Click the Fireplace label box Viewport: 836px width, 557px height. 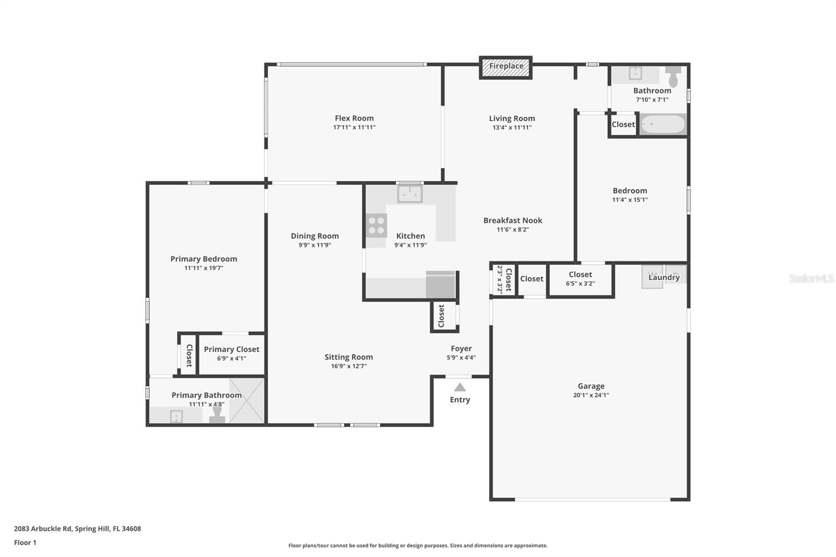pyautogui.click(x=506, y=67)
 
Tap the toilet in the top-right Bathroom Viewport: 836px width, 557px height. pyautogui.click(x=674, y=77)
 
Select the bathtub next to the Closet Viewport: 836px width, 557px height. pyautogui.click(x=663, y=124)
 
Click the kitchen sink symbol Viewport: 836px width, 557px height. pyautogui.click(x=410, y=194)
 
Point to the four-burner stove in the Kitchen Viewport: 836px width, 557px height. pyautogui.click(x=376, y=226)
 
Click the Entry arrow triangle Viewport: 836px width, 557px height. pyautogui.click(x=460, y=387)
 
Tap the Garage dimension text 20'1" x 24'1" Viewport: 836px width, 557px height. pyautogui.click(x=591, y=396)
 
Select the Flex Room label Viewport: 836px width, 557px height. pyautogui.click(x=354, y=118)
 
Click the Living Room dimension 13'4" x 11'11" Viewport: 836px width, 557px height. pyautogui.click(x=512, y=127)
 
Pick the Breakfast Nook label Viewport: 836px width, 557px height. pyautogui.click(x=513, y=221)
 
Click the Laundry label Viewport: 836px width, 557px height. pyautogui.click(x=664, y=277)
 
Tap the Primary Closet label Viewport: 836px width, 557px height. pyautogui.click(x=231, y=350)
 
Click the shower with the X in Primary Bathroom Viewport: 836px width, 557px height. pyautogui.click(x=247, y=400)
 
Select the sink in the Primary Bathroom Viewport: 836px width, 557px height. pyautogui.click(x=177, y=416)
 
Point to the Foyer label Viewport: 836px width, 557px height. pyautogui.click(x=461, y=349)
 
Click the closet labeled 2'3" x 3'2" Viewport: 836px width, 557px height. pyautogui.click(x=504, y=280)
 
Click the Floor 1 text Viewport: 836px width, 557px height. pyautogui.click(x=25, y=543)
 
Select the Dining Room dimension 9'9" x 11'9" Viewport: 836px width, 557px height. pyautogui.click(x=315, y=245)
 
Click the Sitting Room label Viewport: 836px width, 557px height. pyautogui.click(x=349, y=357)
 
